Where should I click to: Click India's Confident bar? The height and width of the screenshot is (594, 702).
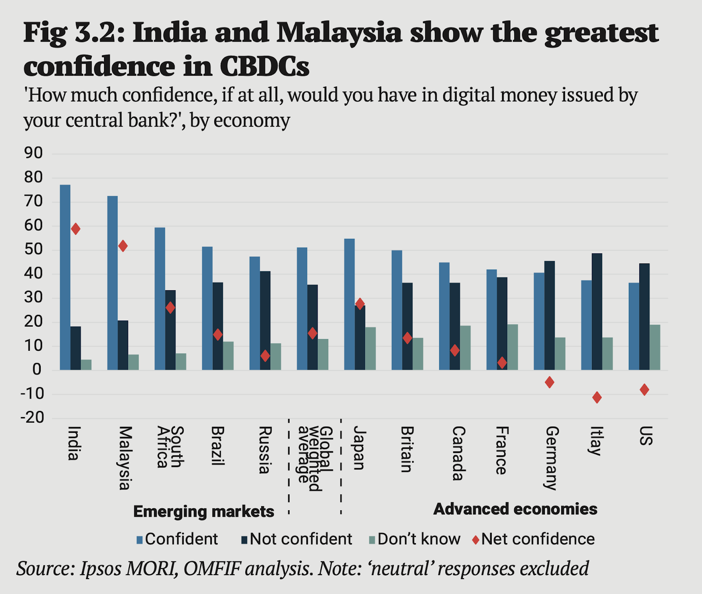point(65,277)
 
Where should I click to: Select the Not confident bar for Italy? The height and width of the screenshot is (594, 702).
point(597,312)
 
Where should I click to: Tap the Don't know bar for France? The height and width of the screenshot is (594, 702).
point(512,347)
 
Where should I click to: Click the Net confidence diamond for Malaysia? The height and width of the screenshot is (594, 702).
point(123,246)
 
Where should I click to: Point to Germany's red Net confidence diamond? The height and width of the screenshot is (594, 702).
point(549,382)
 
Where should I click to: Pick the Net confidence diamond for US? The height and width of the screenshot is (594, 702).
point(644,389)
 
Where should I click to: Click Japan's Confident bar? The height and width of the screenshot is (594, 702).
point(349,304)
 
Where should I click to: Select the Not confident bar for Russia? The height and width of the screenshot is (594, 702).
point(265,320)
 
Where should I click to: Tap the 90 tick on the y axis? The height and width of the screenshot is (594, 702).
point(34,153)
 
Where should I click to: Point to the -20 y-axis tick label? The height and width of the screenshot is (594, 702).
point(32,418)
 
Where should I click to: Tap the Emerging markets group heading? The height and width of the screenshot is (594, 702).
point(204,511)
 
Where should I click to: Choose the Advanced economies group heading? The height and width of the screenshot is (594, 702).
point(515,509)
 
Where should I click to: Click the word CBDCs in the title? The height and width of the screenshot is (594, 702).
point(265,67)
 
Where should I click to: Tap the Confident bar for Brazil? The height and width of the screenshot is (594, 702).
point(207,308)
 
